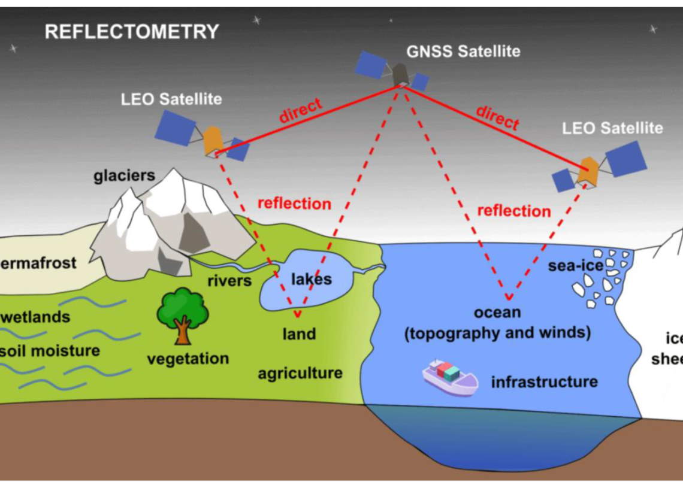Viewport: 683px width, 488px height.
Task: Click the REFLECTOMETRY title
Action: [132, 31]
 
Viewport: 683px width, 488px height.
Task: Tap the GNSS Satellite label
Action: [463, 51]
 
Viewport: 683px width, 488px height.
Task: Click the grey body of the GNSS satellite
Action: [400, 74]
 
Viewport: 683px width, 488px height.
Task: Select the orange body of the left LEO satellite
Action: [213, 140]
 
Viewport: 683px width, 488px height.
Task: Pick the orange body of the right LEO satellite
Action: [588, 171]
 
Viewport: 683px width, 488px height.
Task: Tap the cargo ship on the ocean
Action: [449, 377]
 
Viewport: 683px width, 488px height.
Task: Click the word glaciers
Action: [124, 175]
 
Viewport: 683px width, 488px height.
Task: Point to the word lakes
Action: [311, 279]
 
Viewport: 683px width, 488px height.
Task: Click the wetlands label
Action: [37, 317]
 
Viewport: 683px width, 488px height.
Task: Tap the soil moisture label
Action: [50, 350]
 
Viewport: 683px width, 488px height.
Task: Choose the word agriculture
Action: [300, 374]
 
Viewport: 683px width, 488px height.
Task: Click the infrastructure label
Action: [544, 381]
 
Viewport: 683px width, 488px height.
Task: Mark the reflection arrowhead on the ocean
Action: [509, 297]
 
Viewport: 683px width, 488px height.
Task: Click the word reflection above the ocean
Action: [513, 211]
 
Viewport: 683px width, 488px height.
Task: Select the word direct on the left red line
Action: [300, 111]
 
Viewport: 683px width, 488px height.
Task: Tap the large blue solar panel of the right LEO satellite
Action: [625, 159]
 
